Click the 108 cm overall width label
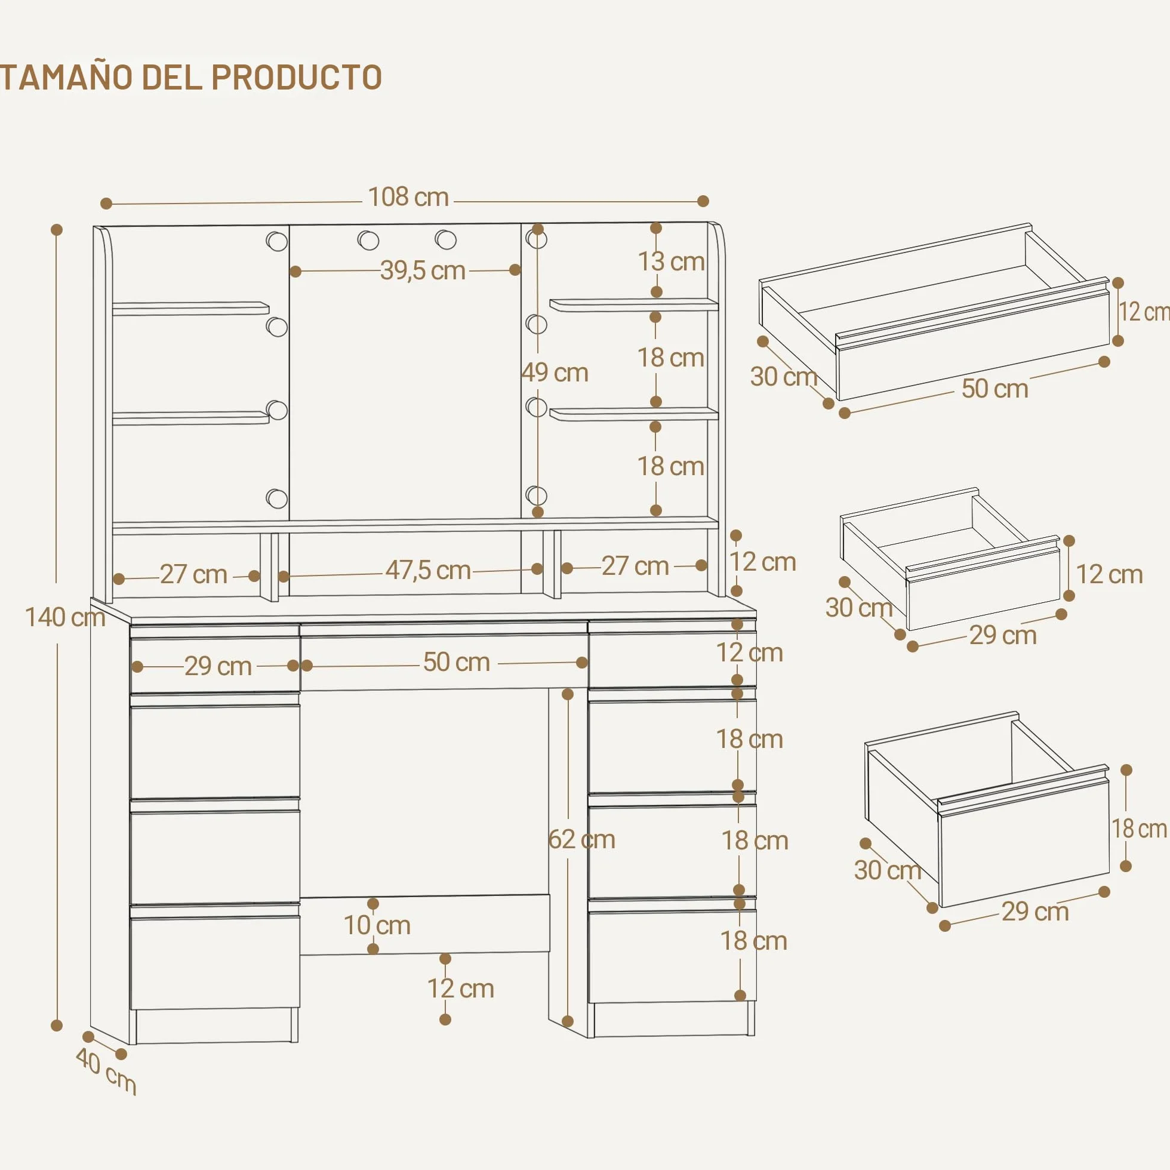[408, 198]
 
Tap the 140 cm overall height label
[65, 617]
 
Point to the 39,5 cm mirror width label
[423, 270]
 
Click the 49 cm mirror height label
[555, 372]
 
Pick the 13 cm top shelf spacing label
[671, 261]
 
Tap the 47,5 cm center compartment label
[428, 571]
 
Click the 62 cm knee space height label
[581, 839]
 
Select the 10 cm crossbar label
[377, 925]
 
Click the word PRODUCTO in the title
[296, 77]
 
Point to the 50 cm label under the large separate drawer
[995, 389]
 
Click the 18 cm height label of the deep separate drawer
[1138, 829]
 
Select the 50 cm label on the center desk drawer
[457, 663]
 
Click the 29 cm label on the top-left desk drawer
[218, 666]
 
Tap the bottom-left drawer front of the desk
[215, 963]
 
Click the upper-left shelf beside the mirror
[191, 308]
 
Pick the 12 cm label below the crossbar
[461, 989]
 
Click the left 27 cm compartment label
[194, 574]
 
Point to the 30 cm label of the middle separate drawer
[859, 608]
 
